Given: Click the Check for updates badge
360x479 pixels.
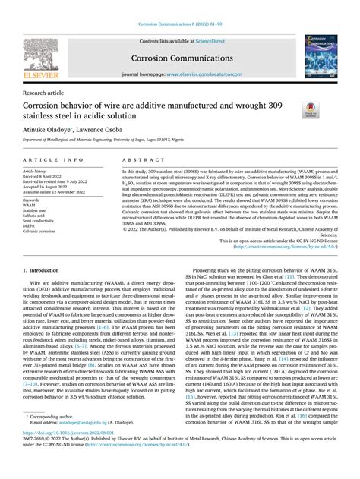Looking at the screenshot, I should [x=312, y=109].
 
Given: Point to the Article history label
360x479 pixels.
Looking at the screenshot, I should [x=41, y=172].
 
